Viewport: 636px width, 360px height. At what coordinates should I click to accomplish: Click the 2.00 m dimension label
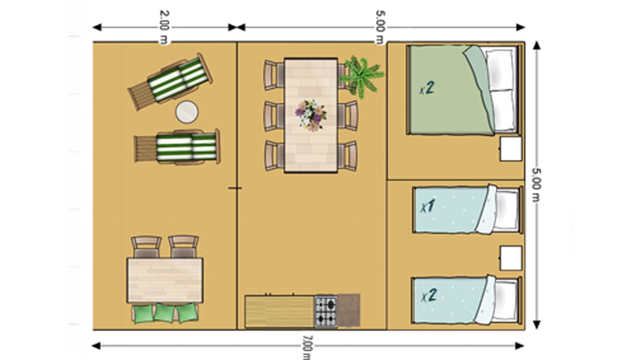point(165,27)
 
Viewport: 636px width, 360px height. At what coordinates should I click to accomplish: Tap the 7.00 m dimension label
point(307,347)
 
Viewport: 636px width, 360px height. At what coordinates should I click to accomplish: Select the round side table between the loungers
point(187,112)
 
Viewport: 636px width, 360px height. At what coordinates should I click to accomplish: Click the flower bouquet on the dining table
point(311,115)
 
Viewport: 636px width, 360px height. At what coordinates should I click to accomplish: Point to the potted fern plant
point(362,76)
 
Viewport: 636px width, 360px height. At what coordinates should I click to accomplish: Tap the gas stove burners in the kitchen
point(326,312)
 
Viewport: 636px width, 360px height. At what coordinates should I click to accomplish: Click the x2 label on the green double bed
point(427,88)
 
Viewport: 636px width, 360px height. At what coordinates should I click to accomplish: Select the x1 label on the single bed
point(427,206)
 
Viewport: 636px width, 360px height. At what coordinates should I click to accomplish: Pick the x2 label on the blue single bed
point(429,296)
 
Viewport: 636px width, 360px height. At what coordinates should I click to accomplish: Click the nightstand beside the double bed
point(511,149)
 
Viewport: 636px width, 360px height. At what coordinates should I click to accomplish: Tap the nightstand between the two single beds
point(511,258)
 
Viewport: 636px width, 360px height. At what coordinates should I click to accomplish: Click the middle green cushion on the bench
point(164,313)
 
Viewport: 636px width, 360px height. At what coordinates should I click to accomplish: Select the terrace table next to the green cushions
point(165,280)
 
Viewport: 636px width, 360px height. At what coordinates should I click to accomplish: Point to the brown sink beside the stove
point(349,311)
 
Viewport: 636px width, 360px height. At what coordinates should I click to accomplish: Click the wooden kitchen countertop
point(279,312)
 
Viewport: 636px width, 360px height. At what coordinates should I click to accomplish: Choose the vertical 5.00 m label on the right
point(536,185)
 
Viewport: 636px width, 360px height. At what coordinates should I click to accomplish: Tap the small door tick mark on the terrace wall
point(235,188)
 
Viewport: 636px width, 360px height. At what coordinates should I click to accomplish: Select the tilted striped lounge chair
point(170,81)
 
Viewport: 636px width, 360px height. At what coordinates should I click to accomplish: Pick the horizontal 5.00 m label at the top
point(381,27)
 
